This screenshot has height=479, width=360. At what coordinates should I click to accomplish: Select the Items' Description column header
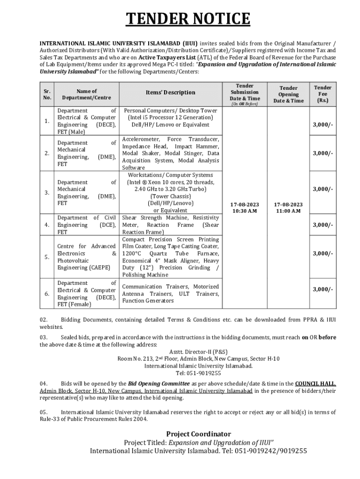coord(170,93)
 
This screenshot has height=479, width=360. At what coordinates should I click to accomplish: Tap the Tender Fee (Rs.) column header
coord(323,94)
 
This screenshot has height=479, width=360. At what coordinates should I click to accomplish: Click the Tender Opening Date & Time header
coord(288,94)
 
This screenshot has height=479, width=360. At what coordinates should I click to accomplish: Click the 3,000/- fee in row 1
coord(323,125)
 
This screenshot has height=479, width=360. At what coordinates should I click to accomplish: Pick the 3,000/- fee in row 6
coord(323,290)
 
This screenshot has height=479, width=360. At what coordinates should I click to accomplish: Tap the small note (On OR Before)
coord(245,104)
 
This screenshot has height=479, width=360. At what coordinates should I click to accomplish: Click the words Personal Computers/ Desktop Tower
coord(170,111)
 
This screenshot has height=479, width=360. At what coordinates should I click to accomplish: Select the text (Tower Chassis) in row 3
coord(170,196)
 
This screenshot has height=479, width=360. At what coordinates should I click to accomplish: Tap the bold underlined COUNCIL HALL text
coord(315,384)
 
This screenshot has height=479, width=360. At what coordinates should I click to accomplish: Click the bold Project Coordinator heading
coord(199,434)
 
